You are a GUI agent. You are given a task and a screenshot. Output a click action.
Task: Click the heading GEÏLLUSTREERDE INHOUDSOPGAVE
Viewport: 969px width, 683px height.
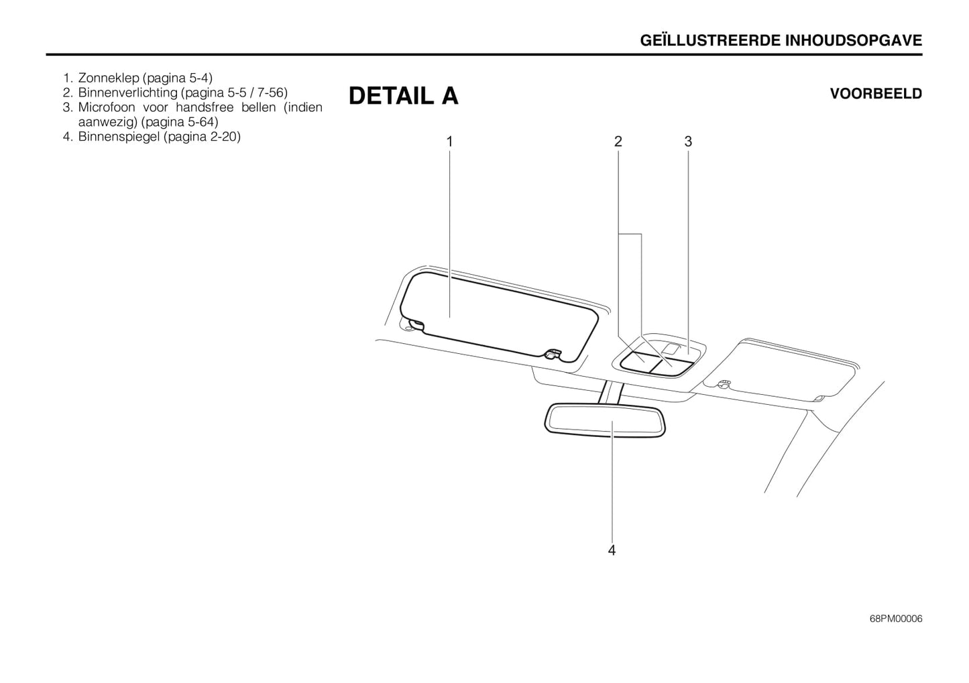(x=781, y=40)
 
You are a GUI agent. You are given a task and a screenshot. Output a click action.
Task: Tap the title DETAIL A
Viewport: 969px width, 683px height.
(x=403, y=96)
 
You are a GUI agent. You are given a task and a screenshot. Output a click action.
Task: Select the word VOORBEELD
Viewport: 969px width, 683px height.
(x=876, y=93)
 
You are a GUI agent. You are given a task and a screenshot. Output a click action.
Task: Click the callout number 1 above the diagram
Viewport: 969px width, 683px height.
(x=449, y=141)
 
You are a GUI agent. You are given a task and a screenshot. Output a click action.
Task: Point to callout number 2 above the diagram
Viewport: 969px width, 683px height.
(x=618, y=141)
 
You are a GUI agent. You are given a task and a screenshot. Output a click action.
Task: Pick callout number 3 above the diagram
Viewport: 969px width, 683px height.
(x=688, y=141)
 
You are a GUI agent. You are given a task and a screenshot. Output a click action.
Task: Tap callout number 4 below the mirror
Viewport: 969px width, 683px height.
(x=612, y=550)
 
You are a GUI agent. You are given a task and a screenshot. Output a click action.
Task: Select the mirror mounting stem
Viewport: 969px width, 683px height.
(x=611, y=393)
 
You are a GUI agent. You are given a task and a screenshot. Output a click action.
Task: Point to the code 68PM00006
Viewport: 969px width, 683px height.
(x=896, y=619)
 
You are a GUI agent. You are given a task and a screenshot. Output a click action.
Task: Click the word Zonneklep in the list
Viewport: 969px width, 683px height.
(x=109, y=78)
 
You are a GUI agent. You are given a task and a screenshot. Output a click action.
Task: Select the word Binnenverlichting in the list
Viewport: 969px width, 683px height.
(x=127, y=93)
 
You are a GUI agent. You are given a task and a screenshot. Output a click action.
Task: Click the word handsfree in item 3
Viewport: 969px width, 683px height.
(x=205, y=107)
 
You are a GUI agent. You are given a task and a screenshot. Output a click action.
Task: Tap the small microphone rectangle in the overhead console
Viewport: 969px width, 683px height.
(x=673, y=349)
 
